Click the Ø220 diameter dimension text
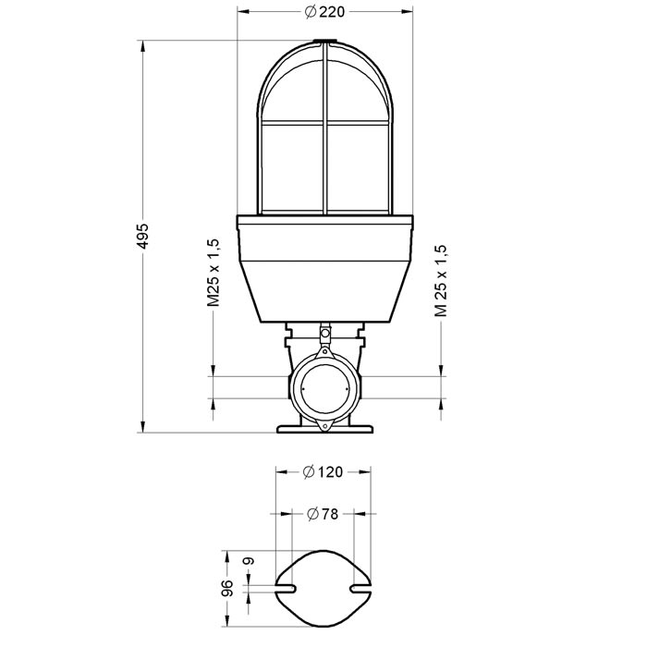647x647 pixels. (x=323, y=12)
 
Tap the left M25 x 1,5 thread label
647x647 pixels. (x=214, y=272)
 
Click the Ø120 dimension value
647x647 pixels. (x=323, y=471)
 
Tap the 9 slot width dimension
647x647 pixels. (x=247, y=563)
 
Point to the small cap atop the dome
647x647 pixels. (x=323, y=42)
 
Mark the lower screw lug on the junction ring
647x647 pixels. (x=323, y=423)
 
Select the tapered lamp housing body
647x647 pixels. (x=323, y=277)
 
